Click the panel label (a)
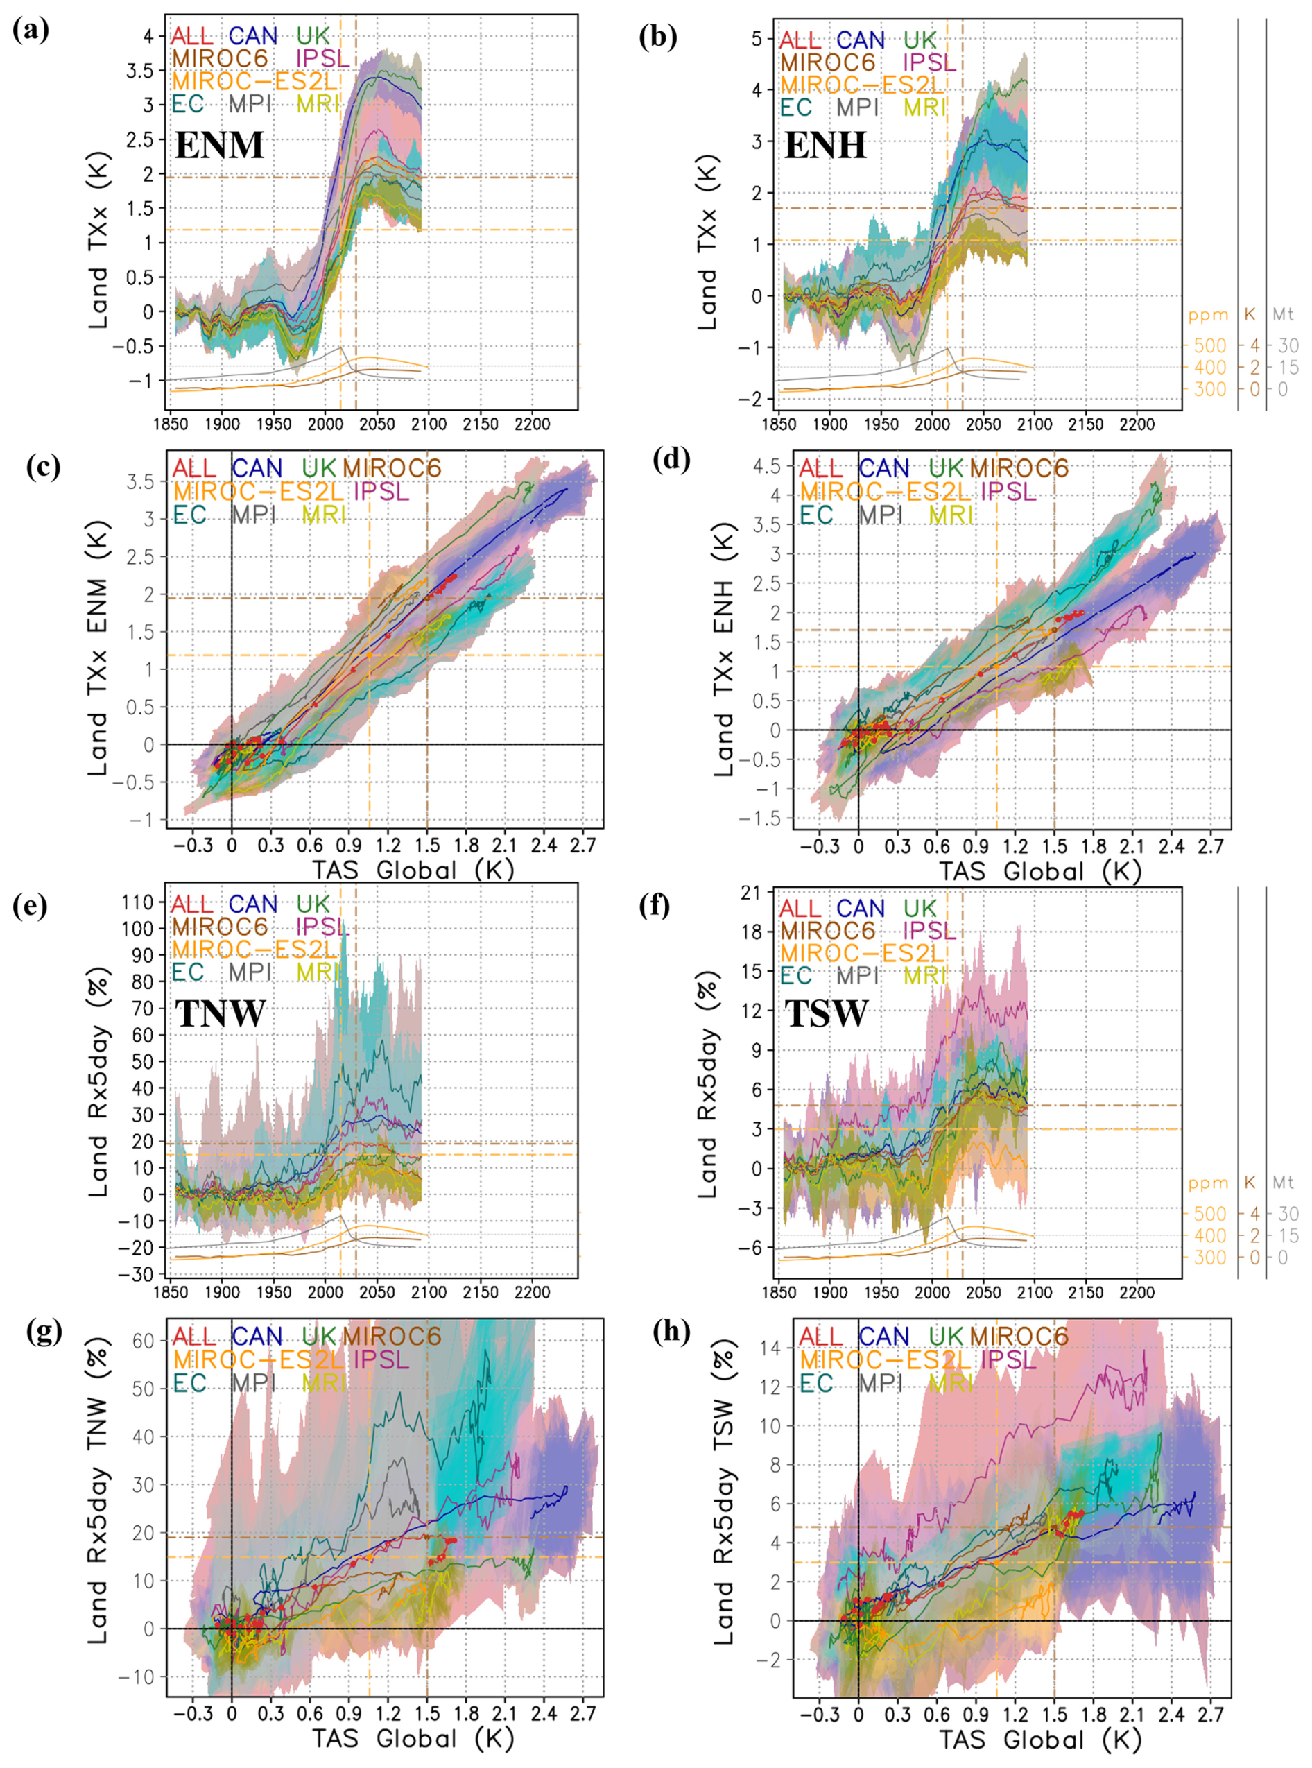click(x=31, y=31)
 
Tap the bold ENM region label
click(x=219, y=146)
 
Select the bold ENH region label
click(x=825, y=146)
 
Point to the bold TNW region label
click(x=220, y=1013)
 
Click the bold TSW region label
click(x=826, y=1013)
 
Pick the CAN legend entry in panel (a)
click(x=253, y=36)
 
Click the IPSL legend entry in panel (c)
click(x=381, y=492)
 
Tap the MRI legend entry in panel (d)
click(x=951, y=515)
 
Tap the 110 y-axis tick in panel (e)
click(x=137, y=902)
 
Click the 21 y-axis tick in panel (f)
click(x=750, y=893)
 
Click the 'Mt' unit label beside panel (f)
click(x=1283, y=1183)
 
